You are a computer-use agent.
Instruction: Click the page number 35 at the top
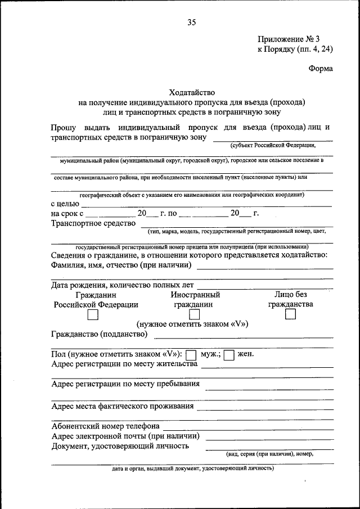click(x=192, y=22)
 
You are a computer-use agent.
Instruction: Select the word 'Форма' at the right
click(x=321, y=69)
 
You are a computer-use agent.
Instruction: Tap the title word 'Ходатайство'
click(x=192, y=92)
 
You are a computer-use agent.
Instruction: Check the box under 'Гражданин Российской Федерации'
click(x=93, y=315)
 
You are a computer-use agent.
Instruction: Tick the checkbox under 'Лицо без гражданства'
click(x=290, y=315)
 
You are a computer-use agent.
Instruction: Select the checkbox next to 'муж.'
click(x=191, y=355)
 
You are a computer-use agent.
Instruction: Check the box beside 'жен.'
click(x=229, y=355)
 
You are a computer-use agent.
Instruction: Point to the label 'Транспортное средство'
click(x=93, y=223)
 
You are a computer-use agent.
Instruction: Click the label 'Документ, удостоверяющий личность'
click(x=120, y=447)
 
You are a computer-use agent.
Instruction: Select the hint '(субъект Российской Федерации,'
click(x=273, y=145)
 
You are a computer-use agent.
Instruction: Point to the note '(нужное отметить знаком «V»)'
click(x=192, y=325)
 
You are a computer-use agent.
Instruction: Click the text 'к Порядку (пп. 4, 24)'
click(x=295, y=49)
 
